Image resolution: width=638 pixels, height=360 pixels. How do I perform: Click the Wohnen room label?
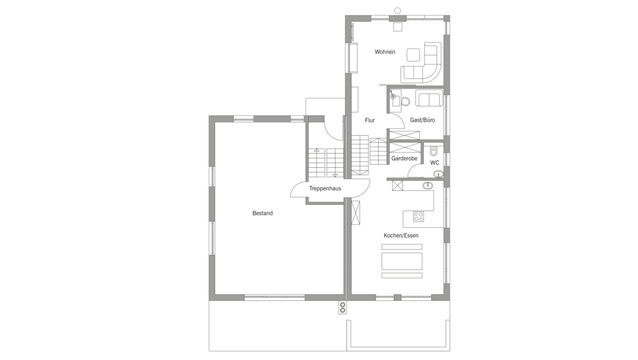[x=385, y=52]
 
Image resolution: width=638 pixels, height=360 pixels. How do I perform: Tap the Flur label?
[x=369, y=120]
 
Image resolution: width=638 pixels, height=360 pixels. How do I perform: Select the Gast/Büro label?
[x=422, y=120]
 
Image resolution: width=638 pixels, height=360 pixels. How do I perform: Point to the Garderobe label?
[x=404, y=158]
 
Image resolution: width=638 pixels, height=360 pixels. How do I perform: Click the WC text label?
[x=434, y=163]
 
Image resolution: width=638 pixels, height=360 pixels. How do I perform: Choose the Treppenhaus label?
[x=325, y=188]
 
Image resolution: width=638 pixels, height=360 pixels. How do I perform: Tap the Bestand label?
[x=262, y=213]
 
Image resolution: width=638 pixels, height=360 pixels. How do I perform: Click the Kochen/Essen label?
[x=401, y=236]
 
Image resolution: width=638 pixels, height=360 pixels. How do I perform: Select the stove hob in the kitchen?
[x=419, y=216]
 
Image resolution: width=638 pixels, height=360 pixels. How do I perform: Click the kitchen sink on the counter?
[x=427, y=186]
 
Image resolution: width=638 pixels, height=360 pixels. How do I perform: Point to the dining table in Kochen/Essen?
[x=401, y=261]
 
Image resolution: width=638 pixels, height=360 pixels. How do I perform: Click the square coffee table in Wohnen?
[x=413, y=55]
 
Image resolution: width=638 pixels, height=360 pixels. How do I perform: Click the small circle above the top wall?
[x=397, y=11]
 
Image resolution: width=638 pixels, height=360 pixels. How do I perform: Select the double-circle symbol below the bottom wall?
[x=343, y=308]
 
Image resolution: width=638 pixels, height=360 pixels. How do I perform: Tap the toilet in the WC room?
[x=433, y=151]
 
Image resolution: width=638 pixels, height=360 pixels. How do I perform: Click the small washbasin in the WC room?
[x=438, y=175]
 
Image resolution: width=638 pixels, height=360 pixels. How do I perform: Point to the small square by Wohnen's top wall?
[x=397, y=26]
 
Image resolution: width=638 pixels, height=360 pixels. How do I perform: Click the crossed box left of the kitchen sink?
[x=397, y=186]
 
